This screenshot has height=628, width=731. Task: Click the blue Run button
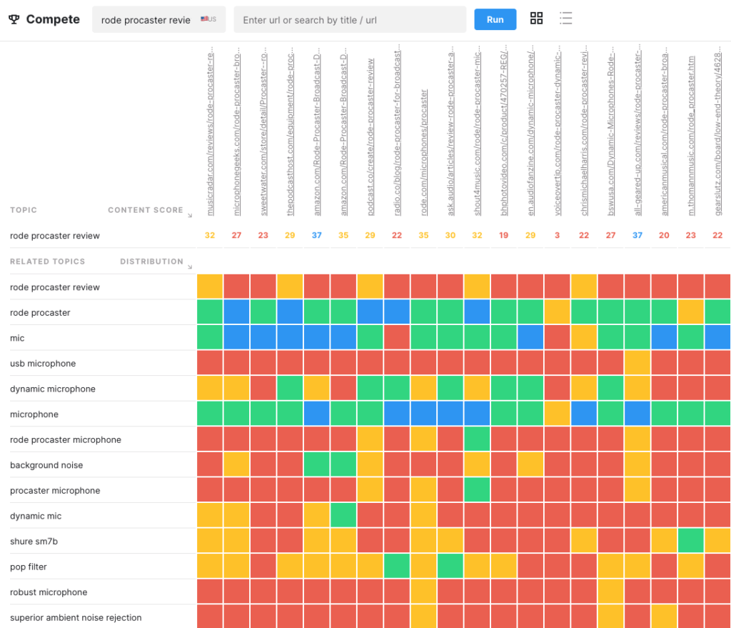(495, 19)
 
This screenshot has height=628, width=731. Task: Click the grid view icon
(537, 19)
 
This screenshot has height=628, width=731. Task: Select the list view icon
(566, 19)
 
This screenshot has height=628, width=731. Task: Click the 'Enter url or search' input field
(350, 20)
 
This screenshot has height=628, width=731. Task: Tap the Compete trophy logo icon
(14, 19)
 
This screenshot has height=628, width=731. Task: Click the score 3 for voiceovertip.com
(557, 236)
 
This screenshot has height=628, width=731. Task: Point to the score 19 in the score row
(504, 236)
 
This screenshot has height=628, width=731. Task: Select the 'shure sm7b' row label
(34, 542)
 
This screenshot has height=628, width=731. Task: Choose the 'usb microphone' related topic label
(43, 364)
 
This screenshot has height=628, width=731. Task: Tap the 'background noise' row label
(46, 465)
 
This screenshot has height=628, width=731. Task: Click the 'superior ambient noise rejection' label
(76, 617)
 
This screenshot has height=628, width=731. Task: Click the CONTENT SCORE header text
(146, 210)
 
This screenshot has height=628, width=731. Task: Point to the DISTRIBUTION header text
(151, 261)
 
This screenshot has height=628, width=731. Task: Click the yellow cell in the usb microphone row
(637, 363)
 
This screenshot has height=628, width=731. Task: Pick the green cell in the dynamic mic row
(343, 516)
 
